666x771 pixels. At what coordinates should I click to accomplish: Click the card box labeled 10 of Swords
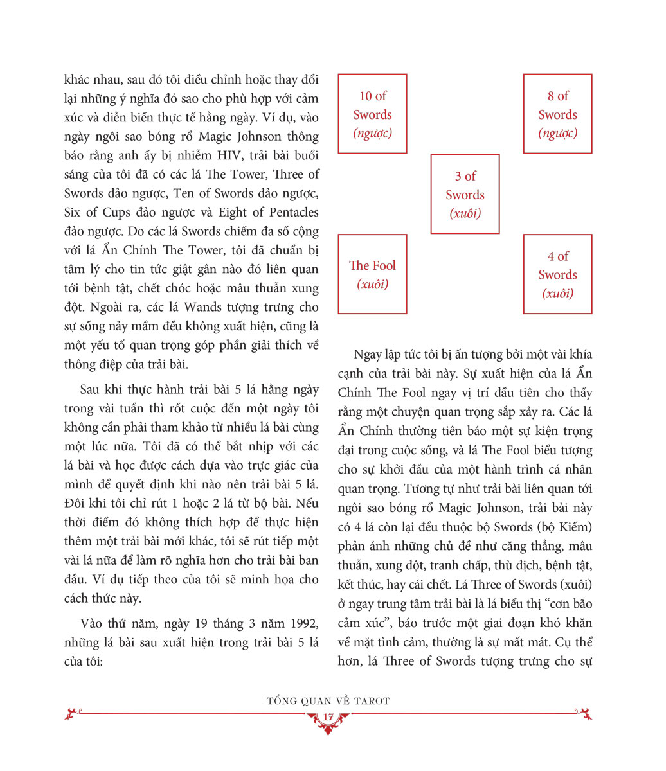pos(372,114)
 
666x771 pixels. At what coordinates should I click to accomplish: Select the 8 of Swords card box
pos(557,114)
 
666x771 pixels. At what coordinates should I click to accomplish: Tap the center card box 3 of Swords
pos(465,194)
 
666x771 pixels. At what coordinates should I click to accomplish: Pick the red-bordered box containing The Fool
pos(372,274)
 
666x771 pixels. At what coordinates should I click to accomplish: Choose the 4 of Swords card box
pos(557,274)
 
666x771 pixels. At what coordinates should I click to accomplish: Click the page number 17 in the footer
pos(328,718)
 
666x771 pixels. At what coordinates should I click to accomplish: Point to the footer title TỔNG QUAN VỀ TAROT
pos(328,701)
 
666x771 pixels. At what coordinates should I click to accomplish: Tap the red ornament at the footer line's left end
pos(74,713)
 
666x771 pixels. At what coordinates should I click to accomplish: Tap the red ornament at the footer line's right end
pos(584,713)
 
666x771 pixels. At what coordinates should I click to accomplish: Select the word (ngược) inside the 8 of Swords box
pos(557,134)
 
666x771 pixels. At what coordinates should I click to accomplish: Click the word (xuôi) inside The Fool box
pos(373,284)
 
